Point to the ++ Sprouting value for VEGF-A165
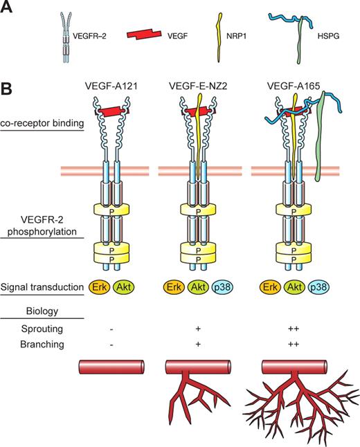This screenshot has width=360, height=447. click(290, 330)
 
